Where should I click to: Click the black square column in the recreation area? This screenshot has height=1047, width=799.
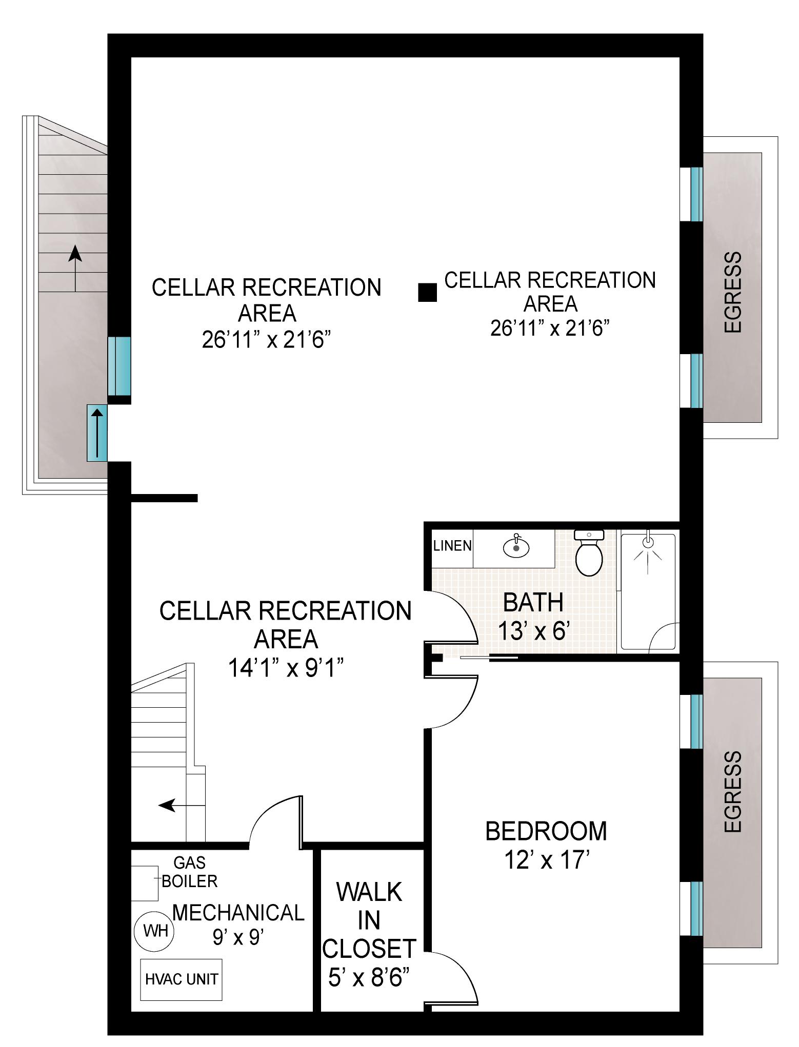[428, 292]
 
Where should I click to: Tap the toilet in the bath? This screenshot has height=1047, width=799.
[589, 553]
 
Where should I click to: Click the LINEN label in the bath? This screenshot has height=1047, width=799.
[452, 546]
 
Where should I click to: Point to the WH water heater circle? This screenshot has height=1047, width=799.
[155, 930]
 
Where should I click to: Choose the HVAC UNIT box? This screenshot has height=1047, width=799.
[182, 979]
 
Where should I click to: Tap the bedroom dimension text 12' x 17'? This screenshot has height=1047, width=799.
[545, 860]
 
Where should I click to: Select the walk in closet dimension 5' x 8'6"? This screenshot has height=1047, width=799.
[369, 979]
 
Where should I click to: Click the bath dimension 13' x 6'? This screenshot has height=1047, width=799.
[533, 631]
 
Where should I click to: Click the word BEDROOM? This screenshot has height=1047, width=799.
[546, 831]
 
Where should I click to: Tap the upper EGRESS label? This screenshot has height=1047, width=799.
[733, 292]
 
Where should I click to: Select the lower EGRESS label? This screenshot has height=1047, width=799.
[733, 792]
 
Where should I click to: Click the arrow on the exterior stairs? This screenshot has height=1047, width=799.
[75, 269]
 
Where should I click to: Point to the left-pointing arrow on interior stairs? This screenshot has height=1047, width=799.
[174, 806]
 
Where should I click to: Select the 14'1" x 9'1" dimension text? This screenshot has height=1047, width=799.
[286, 668]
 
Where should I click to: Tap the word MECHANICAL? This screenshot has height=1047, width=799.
[238, 913]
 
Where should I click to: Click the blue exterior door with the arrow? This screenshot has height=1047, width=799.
[97, 433]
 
